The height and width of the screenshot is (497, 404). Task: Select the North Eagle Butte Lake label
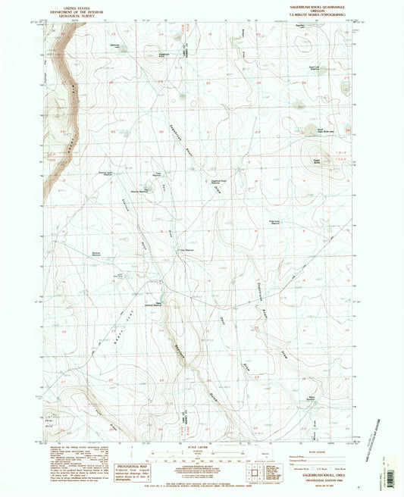312,131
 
